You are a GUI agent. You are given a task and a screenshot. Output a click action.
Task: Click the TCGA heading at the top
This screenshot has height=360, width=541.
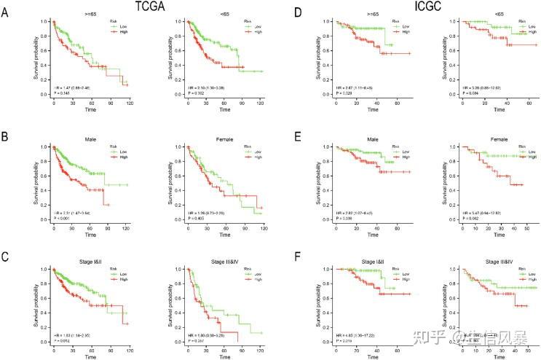point(169,7)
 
